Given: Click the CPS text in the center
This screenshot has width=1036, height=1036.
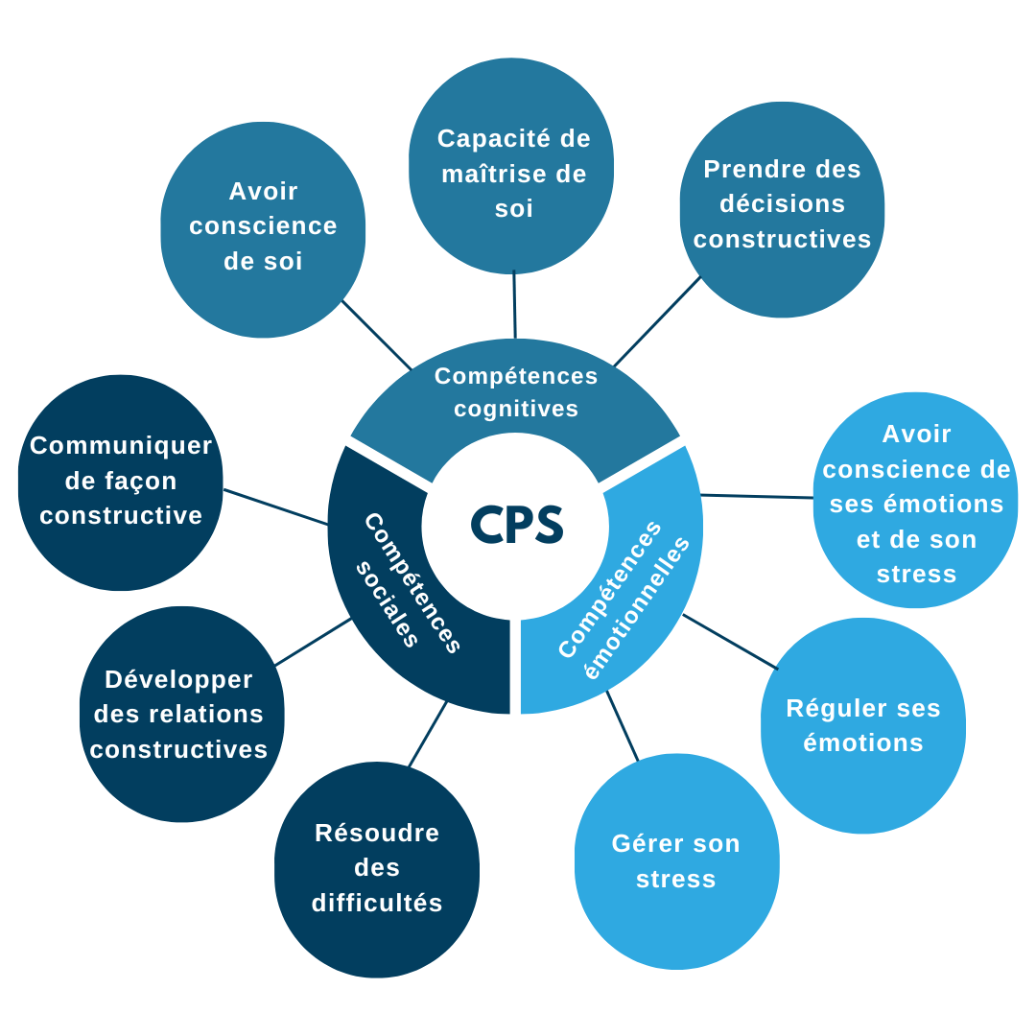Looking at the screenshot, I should pos(516,525).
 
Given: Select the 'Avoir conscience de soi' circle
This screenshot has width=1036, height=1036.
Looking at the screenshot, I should pos(263,229).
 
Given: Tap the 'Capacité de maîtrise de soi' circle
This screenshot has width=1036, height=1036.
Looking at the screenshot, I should pos(512,168).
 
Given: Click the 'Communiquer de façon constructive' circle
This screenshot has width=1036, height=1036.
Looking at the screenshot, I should pos(121,482).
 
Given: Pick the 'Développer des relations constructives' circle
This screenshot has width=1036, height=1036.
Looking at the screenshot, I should pos(180,714).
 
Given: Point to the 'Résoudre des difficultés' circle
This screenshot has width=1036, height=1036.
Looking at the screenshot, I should pos(377,869).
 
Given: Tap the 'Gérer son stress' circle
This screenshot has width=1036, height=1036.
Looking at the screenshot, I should pos(676,860).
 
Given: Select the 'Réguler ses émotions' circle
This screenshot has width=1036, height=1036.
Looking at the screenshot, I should pos(862,725).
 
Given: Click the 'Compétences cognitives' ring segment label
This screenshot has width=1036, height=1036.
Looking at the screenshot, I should pos(516,392).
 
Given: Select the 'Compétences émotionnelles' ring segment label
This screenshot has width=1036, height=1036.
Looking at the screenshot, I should pos(624,600).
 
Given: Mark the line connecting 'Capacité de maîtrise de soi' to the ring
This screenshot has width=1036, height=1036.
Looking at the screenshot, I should pos(514,305).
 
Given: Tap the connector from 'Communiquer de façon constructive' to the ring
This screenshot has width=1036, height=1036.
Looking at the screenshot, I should pos(275,507).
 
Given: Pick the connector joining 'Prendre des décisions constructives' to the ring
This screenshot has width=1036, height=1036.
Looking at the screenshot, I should pos(657,322).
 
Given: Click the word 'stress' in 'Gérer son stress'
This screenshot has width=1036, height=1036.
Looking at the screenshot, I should pos(676,879).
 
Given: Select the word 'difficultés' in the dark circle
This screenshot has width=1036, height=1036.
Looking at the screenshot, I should pos(377,904).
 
